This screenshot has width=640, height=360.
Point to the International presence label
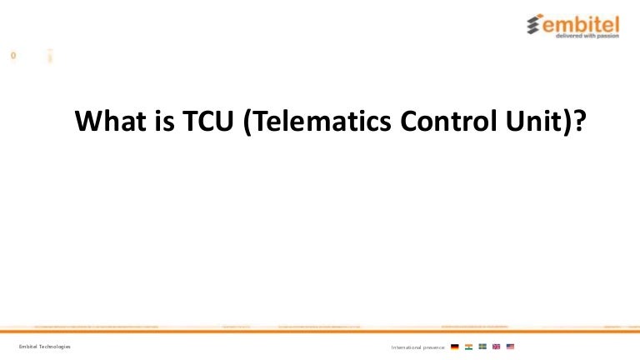[x=417, y=347]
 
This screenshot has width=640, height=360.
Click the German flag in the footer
[x=454, y=347]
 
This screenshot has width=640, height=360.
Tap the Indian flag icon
[x=468, y=347]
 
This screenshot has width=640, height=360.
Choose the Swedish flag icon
[x=482, y=347]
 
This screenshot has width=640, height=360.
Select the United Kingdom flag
[x=497, y=347]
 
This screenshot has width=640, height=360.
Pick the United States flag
[x=511, y=347]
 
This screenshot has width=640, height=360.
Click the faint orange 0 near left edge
[x=13, y=56]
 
